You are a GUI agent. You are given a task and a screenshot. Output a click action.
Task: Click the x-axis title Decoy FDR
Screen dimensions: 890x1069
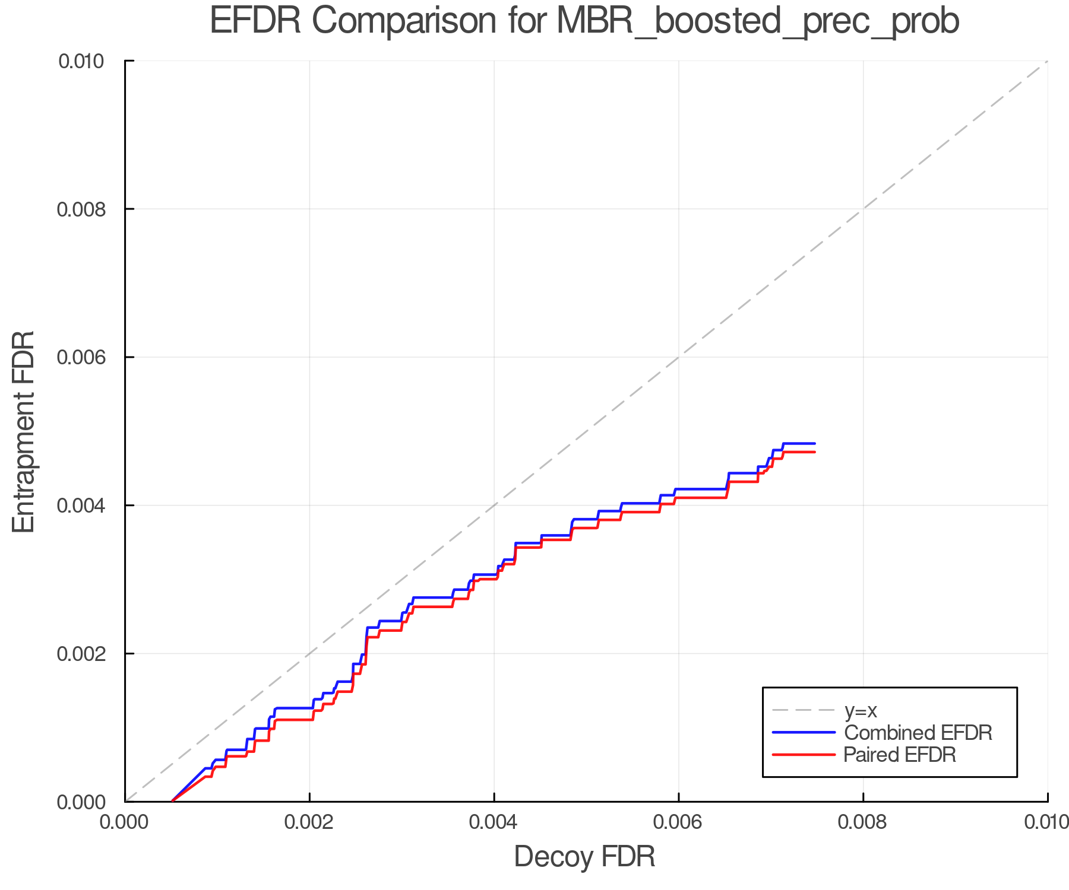point(584,857)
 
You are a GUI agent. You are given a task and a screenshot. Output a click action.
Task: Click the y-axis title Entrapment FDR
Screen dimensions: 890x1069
point(24,431)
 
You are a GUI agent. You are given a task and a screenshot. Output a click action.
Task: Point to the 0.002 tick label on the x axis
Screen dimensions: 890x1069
point(309,822)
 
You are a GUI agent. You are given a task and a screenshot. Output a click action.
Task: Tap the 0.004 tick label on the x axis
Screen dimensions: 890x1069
point(494,822)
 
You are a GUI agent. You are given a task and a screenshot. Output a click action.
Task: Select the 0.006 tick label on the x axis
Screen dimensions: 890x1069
point(679,822)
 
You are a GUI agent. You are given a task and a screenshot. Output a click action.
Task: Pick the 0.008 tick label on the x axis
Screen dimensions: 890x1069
point(863,822)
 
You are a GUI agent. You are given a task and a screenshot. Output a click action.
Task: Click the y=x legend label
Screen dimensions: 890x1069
point(861,710)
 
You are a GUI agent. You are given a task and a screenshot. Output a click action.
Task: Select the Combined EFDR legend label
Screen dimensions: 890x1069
point(918,733)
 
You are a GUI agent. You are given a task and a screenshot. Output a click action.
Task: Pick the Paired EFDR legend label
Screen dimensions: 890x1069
point(900,755)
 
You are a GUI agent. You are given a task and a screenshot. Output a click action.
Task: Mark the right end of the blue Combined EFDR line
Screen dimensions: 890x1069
point(815,443)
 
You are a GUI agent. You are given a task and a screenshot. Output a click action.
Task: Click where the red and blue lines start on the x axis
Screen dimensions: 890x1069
point(172,802)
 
